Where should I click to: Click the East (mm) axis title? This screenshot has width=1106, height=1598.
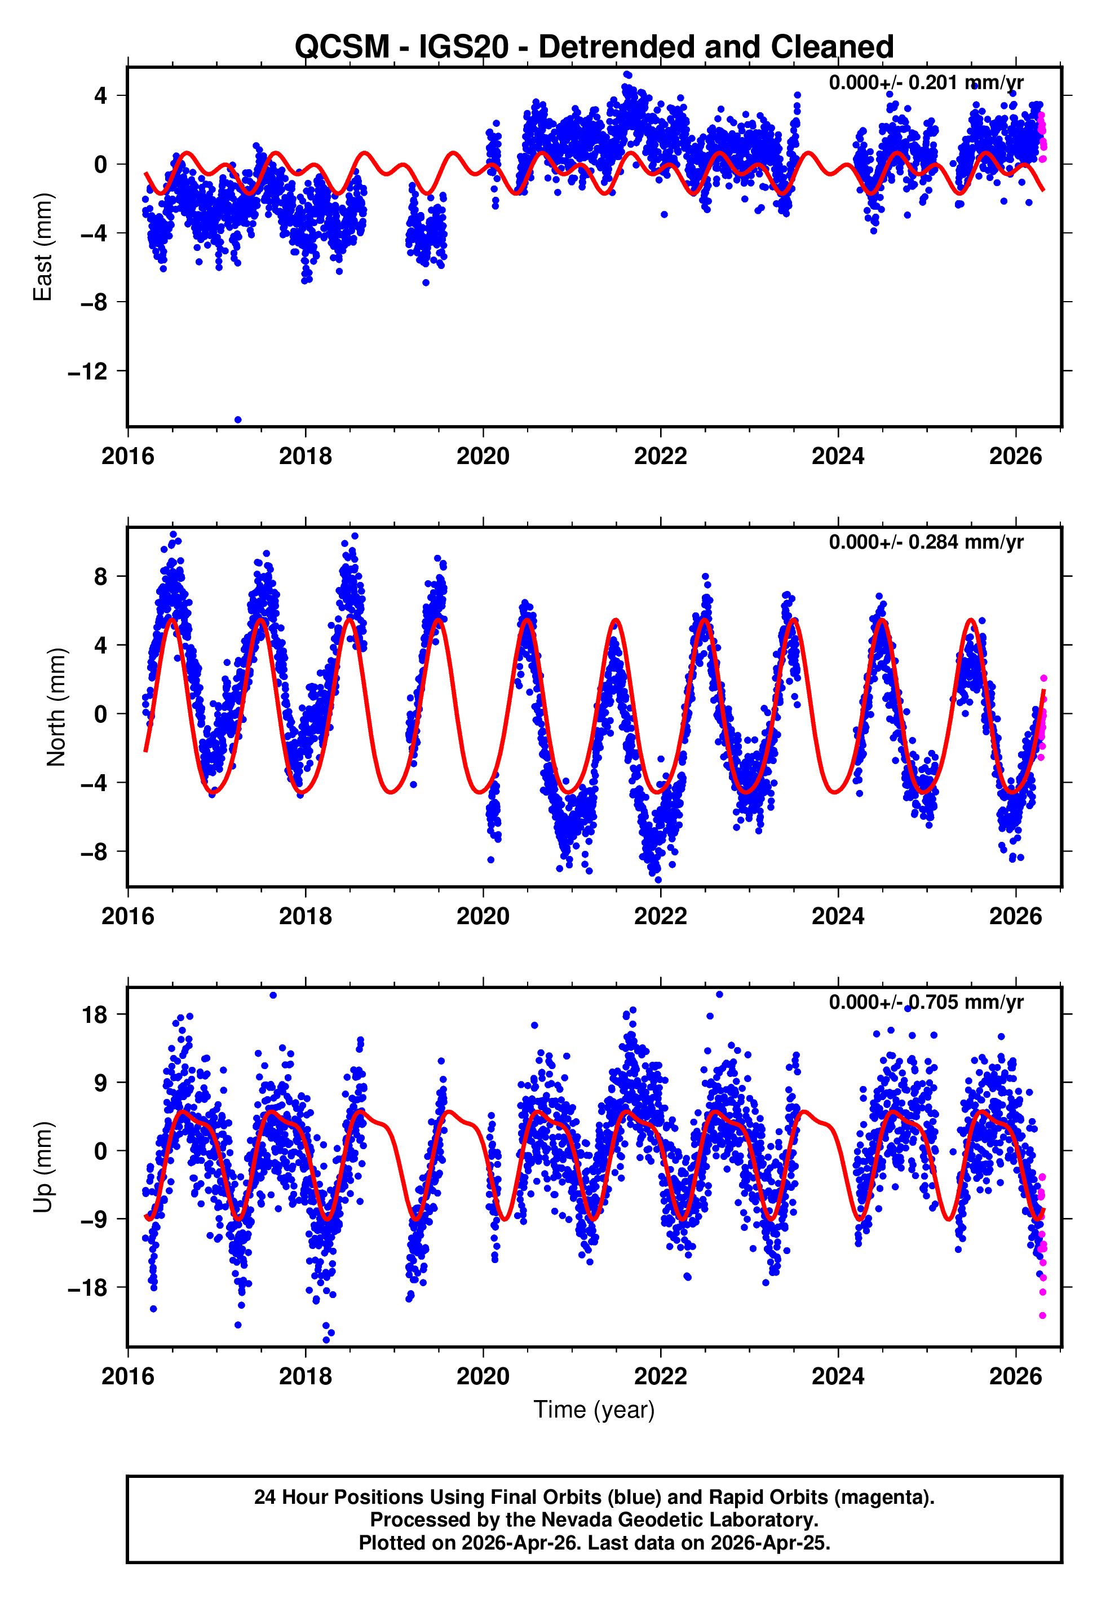43,248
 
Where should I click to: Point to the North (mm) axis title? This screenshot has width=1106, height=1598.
55,707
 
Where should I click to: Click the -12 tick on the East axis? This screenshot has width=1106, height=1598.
88,372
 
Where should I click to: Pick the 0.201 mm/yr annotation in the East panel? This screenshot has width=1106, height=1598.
925,82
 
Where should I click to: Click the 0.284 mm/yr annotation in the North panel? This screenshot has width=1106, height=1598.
925,542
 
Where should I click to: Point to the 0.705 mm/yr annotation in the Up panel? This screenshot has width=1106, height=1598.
925,1002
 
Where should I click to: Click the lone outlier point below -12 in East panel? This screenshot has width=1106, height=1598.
238,420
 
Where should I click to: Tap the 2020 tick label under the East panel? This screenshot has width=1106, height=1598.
483,457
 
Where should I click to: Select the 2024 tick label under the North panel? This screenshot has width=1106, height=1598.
838,916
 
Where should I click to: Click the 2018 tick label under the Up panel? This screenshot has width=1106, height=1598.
305,1376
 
